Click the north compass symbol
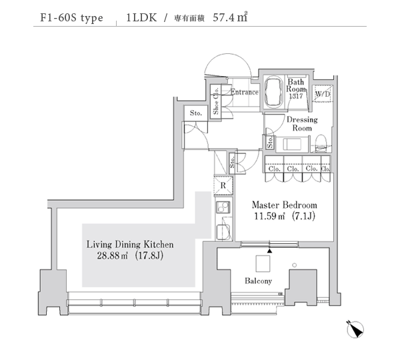[355, 329]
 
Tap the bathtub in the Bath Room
[273, 93]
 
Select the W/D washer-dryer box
[322, 93]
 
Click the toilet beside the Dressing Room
[321, 143]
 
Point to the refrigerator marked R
[223, 185]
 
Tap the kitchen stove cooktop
[223, 207]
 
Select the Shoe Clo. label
[216, 101]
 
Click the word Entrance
[245, 92]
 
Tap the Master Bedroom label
[285, 205]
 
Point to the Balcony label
[258, 281]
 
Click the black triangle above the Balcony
[269, 251]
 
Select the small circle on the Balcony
[295, 265]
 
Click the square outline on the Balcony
[263, 264]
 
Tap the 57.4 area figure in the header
[223, 18]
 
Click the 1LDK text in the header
[141, 18]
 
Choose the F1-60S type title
[71, 18]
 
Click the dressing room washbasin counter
[293, 144]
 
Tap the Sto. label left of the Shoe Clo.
[196, 113]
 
